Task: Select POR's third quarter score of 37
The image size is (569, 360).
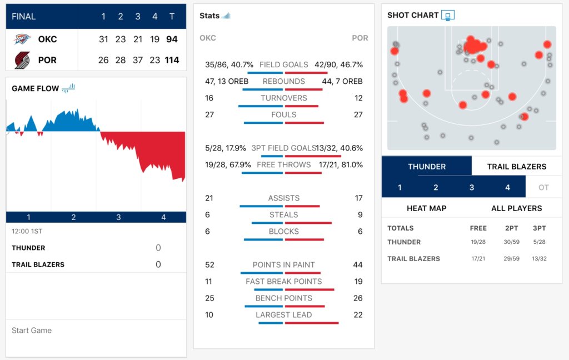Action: [138, 60]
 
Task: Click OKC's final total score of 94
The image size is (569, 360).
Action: [171, 39]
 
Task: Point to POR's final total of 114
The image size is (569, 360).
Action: [172, 60]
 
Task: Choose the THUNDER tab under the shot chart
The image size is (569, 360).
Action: [426, 166]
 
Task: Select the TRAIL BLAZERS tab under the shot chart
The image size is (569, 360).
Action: [517, 166]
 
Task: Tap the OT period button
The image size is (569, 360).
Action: [543, 187]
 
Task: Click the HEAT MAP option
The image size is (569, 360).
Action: [427, 208]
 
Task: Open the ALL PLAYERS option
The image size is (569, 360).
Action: [517, 208]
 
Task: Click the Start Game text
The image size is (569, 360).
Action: [32, 330]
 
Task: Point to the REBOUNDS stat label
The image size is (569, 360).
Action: [284, 81]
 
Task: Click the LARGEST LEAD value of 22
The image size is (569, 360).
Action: [358, 314]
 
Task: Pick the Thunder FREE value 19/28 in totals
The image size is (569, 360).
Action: [478, 242]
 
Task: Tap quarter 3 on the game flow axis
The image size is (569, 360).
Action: [118, 217]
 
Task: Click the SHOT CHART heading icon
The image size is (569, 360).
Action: [448, 15]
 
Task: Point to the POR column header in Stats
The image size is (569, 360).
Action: [360, 38]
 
